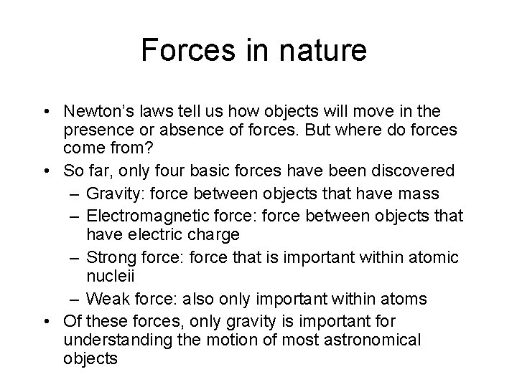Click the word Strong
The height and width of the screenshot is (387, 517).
[107, 256]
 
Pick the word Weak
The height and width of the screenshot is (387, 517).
[103, 297]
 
